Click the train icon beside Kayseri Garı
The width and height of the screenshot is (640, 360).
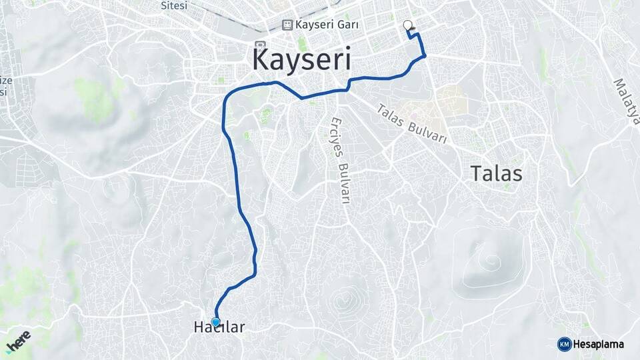(x=287, y=25)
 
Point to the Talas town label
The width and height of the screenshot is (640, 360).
(x=496, y=173)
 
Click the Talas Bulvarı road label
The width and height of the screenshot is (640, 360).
(x=411, y=125)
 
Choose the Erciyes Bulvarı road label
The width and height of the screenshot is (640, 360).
(x=339, y=161)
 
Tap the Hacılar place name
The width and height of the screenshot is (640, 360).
(x=219, y=327)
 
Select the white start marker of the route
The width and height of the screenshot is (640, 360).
(x=408, y=25)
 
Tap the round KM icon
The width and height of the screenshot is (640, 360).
(x=564, y=344)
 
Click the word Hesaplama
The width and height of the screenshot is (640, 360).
(x=599, y=344)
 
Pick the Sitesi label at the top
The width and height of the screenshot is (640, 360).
(x=174, y=5)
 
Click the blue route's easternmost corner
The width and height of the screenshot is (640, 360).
(x=425, y=55)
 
